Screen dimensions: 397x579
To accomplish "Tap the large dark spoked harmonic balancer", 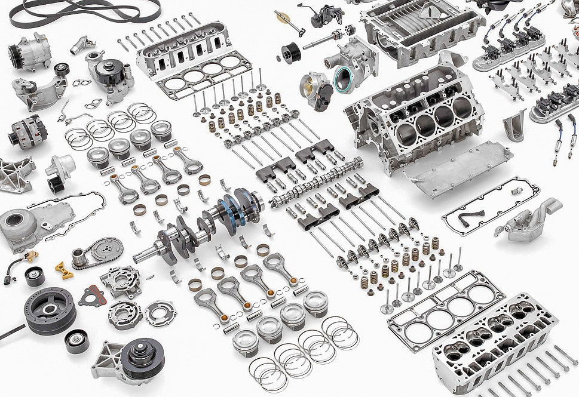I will point(51,310).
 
